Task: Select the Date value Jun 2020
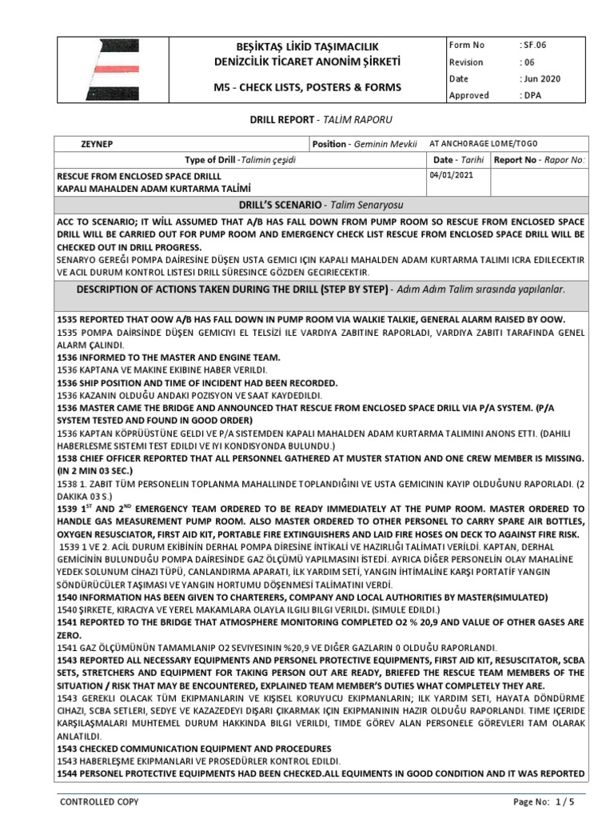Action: click(x=540, y=78)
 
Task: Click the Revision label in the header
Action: click(x=466, y=62)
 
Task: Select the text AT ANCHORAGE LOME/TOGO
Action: click(x=484, y=144)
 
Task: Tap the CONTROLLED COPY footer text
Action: click(x=100, y=801)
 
